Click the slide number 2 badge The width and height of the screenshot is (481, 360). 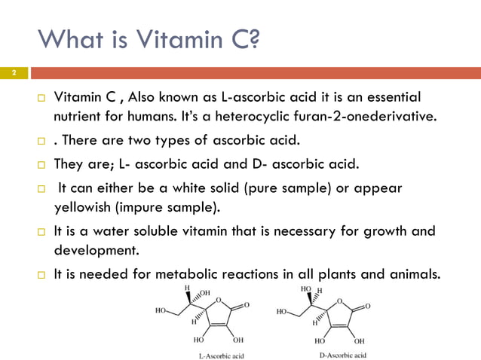tap(14, 73)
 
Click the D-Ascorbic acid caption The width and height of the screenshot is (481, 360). tap(339, 354)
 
